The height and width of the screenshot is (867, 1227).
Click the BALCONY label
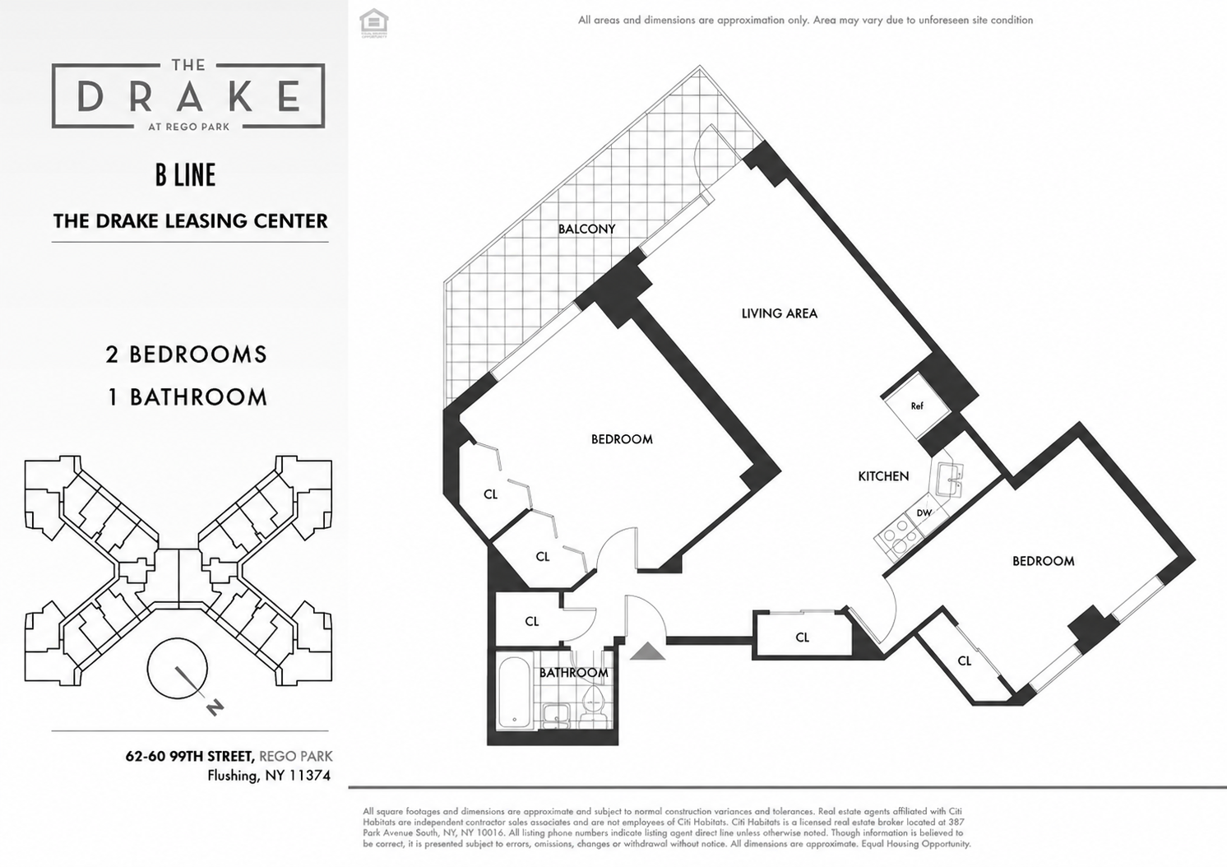586,229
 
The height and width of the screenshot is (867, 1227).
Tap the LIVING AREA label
780,313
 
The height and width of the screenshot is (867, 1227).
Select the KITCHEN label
883,476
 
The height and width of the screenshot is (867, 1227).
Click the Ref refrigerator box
917,406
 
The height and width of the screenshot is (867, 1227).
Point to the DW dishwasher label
924,513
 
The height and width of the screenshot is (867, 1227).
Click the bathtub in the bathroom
515,691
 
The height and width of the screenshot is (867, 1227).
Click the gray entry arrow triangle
647,651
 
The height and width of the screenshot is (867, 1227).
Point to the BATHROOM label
573,672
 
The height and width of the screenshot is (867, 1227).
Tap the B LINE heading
185,175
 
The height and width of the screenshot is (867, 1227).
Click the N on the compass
215,707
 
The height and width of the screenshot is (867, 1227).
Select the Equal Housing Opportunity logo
373,23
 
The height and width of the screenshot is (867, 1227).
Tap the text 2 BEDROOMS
186,355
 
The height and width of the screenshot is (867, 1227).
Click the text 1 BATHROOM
188,397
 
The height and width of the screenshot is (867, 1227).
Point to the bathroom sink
557,715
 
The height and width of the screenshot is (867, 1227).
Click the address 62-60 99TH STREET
190,756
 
